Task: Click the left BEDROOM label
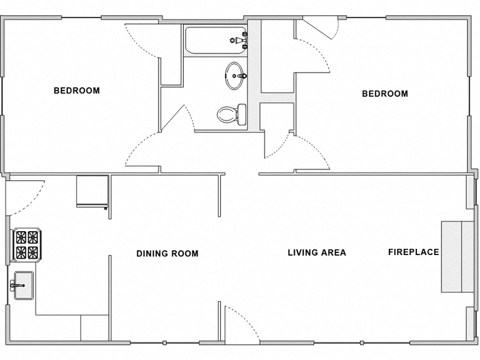pos(77,91)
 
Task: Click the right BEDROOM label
pos(385,94)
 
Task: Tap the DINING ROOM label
pos(167,254)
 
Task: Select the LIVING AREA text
pos(316,252)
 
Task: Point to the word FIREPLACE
pos(413,252)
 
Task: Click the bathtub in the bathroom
pos(215,41)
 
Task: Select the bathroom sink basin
pos(235,74)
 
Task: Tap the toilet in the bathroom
pos(231,113)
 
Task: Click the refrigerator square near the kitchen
pos(93,191)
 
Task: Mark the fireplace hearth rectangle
pos(453,256)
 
